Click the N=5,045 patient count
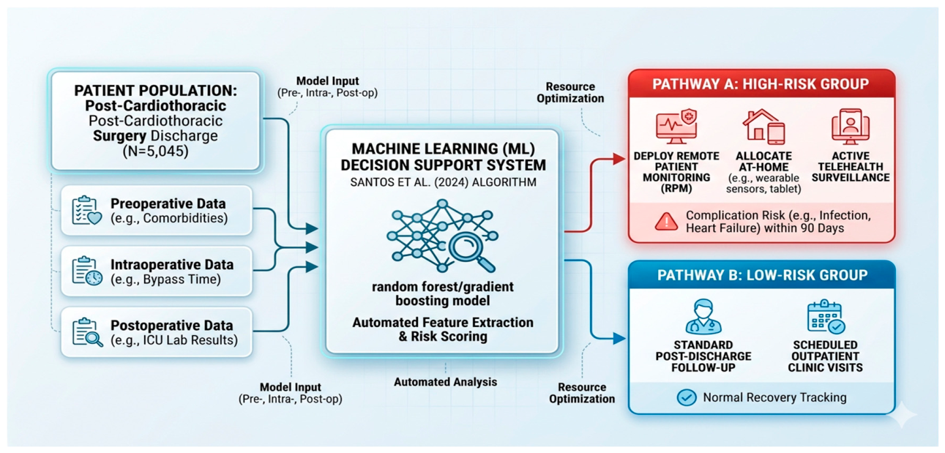[x=155, y=151]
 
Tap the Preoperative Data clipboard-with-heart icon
[x=87, y=209]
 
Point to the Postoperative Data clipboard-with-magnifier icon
[x=87, y=332]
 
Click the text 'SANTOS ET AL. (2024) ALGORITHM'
[x=443, y=182]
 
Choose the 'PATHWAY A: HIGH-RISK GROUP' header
[x=761, y=84]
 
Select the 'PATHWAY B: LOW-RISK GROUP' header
[x=762, y=275]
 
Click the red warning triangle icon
[x=667, y=222]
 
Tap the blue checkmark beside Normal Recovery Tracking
[x=687, y=397]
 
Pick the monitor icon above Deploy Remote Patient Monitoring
[x=676, y=127]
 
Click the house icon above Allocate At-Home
[x=763, y=126]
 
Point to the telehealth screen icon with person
[x=851, y=126]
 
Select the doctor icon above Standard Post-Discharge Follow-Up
[x=703, y=316]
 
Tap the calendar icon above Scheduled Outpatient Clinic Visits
[x=826, y=316]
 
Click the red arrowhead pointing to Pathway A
[x=619, y=159]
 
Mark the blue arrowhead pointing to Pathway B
[x=619, y=338]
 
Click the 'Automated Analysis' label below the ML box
[x=446, y=382]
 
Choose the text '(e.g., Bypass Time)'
[x=165, y=280]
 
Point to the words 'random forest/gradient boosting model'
[x=443, y=293]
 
